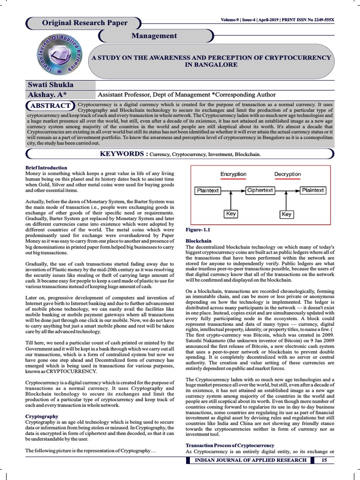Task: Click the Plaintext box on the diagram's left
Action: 207,191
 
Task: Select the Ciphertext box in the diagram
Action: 260,190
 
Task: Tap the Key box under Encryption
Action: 231,214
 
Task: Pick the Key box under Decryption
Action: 286,214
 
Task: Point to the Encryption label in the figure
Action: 233,174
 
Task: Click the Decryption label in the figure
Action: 287,174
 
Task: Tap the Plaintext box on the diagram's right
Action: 313,190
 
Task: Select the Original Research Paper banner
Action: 84,23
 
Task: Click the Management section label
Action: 154,36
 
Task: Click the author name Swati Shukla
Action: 51,85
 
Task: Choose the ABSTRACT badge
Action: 51,105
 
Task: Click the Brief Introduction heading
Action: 46,167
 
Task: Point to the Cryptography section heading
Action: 42,416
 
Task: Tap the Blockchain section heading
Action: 199,240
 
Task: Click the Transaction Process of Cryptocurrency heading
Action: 230,445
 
